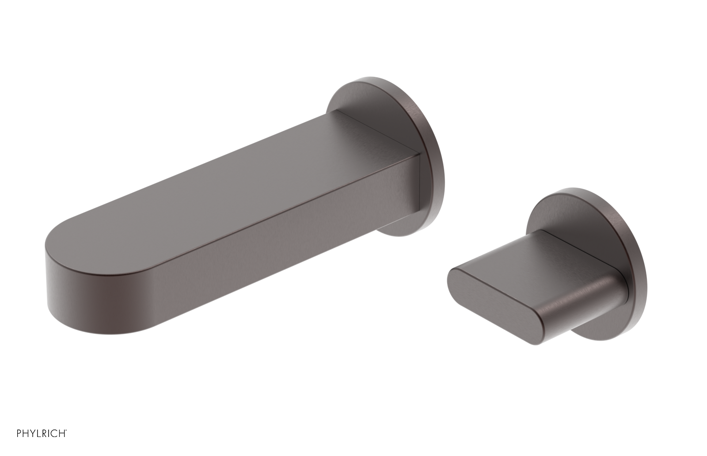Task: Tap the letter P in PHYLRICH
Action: [19, 433]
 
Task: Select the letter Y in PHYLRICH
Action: [33, 433]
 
